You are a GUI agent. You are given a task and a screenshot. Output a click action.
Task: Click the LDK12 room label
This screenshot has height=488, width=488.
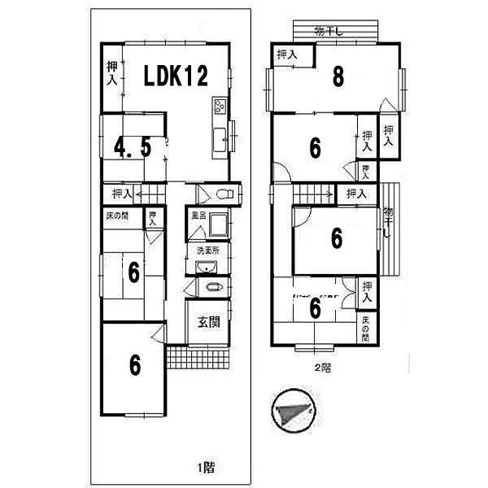(176, 76)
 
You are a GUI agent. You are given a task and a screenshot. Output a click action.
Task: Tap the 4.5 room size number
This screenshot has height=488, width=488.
(132, 149)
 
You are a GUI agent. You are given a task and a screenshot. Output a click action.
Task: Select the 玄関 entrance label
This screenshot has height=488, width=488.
(208, 321)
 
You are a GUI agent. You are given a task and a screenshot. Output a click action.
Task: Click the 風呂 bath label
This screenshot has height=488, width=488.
(198, 216)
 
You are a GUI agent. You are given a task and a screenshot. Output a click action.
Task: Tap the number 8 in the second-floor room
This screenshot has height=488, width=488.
(338, 77)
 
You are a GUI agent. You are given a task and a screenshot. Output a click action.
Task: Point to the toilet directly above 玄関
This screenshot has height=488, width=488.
(213, 288)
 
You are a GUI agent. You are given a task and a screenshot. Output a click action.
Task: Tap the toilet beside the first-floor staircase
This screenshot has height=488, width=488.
(225, 194)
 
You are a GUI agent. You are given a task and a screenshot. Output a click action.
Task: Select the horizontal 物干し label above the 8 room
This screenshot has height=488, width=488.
(330, 32)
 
